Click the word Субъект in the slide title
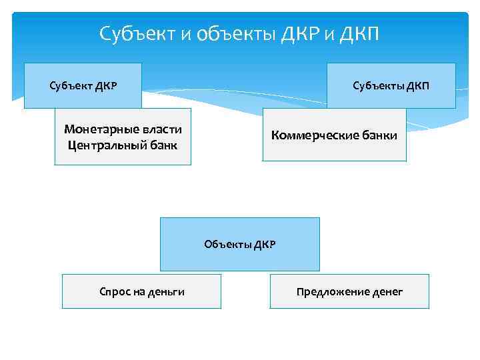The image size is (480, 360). (136, 33)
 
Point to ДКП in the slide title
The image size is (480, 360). (359, 33)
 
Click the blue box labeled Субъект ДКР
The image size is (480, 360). (83, 85)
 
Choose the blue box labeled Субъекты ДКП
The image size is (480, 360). (391, 85)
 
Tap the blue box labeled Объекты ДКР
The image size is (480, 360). (239, 244)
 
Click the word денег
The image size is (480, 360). (387, 291)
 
